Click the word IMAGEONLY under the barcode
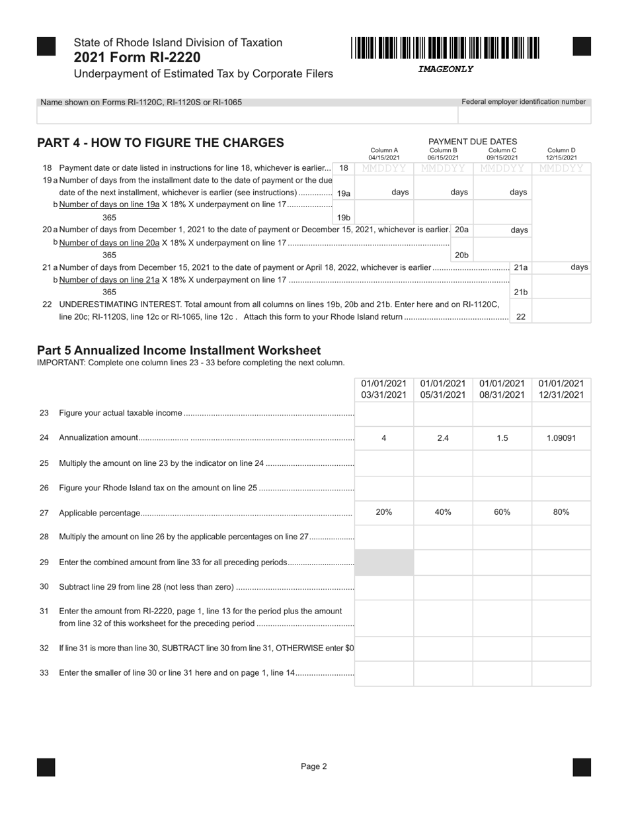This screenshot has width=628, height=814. pyautogui.click(x=446, y=69)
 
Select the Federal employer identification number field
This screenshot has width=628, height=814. pyautogui.click(x=524, y=115)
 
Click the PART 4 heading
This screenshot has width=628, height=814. pyautogui.click(x=161, y=143)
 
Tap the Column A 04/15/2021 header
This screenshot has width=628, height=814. pyautogui.click(x=384, y=154)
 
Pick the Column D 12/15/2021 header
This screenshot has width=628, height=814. pyautogui.click(x=561, y=154)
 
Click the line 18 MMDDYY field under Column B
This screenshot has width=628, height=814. pyautogui.click(x=443, y=169)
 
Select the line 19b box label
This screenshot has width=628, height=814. pyautogui.click(x=343, y=217)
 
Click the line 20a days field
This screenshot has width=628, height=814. pyautogui.click(x=502, y=230)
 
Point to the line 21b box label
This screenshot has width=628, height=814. pyautogui.click(x=520, y=292)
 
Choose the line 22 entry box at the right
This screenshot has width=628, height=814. pyautogui.click(x=561, y=311)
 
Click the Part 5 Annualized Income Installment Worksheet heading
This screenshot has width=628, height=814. pyautogui.click(x=178, y=350)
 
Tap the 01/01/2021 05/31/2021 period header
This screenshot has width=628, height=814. pyautogui.click(x=443, y=389)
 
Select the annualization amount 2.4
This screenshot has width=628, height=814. pyautogui.click(x=443, y=437)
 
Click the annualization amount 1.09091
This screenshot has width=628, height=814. pyautogui.click(x=561, y=437)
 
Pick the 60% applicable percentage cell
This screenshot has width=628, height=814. pyautogui.click(x=502, y=512)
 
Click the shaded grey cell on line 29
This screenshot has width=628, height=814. pyautogui.click(x=384, y=563)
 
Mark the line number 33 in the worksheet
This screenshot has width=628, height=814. pyautogui.click(x=44, y=673)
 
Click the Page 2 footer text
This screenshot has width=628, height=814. pyautogui.click(x=314, y=766)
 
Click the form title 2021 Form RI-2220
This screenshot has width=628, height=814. pyautogui.click(x=137, y=58)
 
